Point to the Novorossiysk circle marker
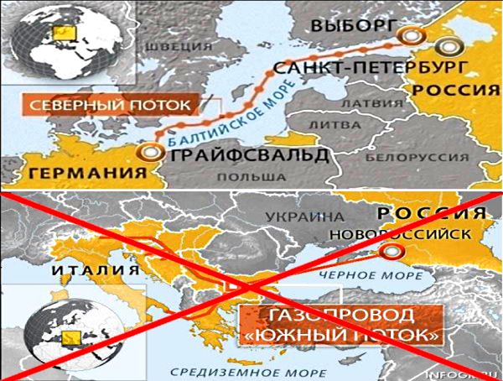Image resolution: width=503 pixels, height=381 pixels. pyautogui.click(x=390, y=251)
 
